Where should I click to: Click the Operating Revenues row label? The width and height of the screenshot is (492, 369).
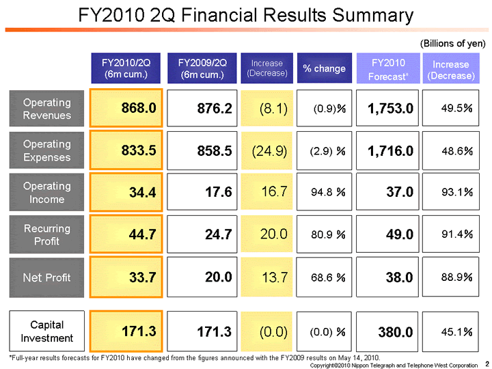46,108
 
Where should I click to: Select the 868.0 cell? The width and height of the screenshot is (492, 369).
126,108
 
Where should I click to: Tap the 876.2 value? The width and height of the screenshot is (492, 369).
206,108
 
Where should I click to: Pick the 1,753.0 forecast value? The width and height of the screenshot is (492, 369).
387,108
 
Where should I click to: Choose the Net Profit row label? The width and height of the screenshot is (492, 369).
46,277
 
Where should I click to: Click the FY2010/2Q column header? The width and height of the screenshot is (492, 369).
126,68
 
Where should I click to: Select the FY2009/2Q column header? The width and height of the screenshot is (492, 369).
206,68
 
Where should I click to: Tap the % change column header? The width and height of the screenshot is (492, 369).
324,68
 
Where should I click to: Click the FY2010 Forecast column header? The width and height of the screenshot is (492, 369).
387,68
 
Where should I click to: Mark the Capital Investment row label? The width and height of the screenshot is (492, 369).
46,331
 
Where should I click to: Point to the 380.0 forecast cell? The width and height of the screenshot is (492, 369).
387,331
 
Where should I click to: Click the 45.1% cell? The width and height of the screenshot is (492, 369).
452,331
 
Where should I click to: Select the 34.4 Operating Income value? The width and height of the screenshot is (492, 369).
126,192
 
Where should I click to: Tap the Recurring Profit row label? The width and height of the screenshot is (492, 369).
46,234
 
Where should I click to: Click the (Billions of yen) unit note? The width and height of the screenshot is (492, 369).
452,43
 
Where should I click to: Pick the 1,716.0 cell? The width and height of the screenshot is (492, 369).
387,150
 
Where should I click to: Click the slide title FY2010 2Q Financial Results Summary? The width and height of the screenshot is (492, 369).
246,15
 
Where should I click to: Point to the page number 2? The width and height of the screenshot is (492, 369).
486,362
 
